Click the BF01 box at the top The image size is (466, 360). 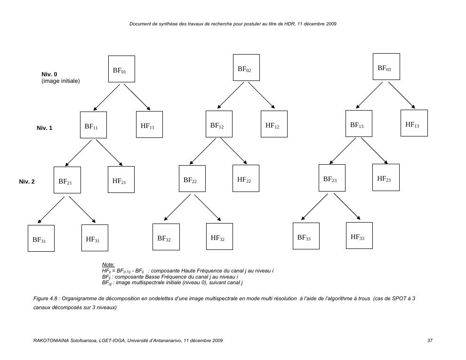[x=121, y=69]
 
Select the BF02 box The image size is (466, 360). [x=246, y=68]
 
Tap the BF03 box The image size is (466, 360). [x=386, y=67]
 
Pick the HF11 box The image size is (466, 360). [x=149, y=125]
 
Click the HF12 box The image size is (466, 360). [x=274, y=124]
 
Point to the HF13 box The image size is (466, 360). [x=414, y=123]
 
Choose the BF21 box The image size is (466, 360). [x=67, y=180]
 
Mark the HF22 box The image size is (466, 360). [x=246, y=178]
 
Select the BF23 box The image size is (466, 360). [x=332, y=178]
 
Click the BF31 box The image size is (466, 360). [x=40, y=239]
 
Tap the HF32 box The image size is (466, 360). [x=219, y=237]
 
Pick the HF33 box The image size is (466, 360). [x=359, y=236]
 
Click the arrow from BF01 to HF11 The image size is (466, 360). [x=137, y=97]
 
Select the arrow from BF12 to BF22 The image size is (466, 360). [x=203, y=151]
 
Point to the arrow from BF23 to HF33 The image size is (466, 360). [x=347, y=207]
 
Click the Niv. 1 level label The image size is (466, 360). [x=44, y=128]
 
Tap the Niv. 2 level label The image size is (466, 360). [x=27, y=182]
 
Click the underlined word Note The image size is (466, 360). [x=108, y=265]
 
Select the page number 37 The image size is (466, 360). [x=430, y=340]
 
